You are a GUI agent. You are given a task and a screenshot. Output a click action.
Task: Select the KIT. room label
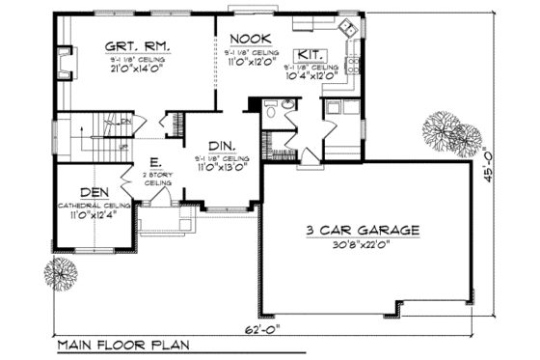310,54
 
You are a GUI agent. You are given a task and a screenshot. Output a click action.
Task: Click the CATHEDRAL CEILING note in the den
94,206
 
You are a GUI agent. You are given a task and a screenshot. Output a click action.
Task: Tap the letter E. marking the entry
154,162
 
